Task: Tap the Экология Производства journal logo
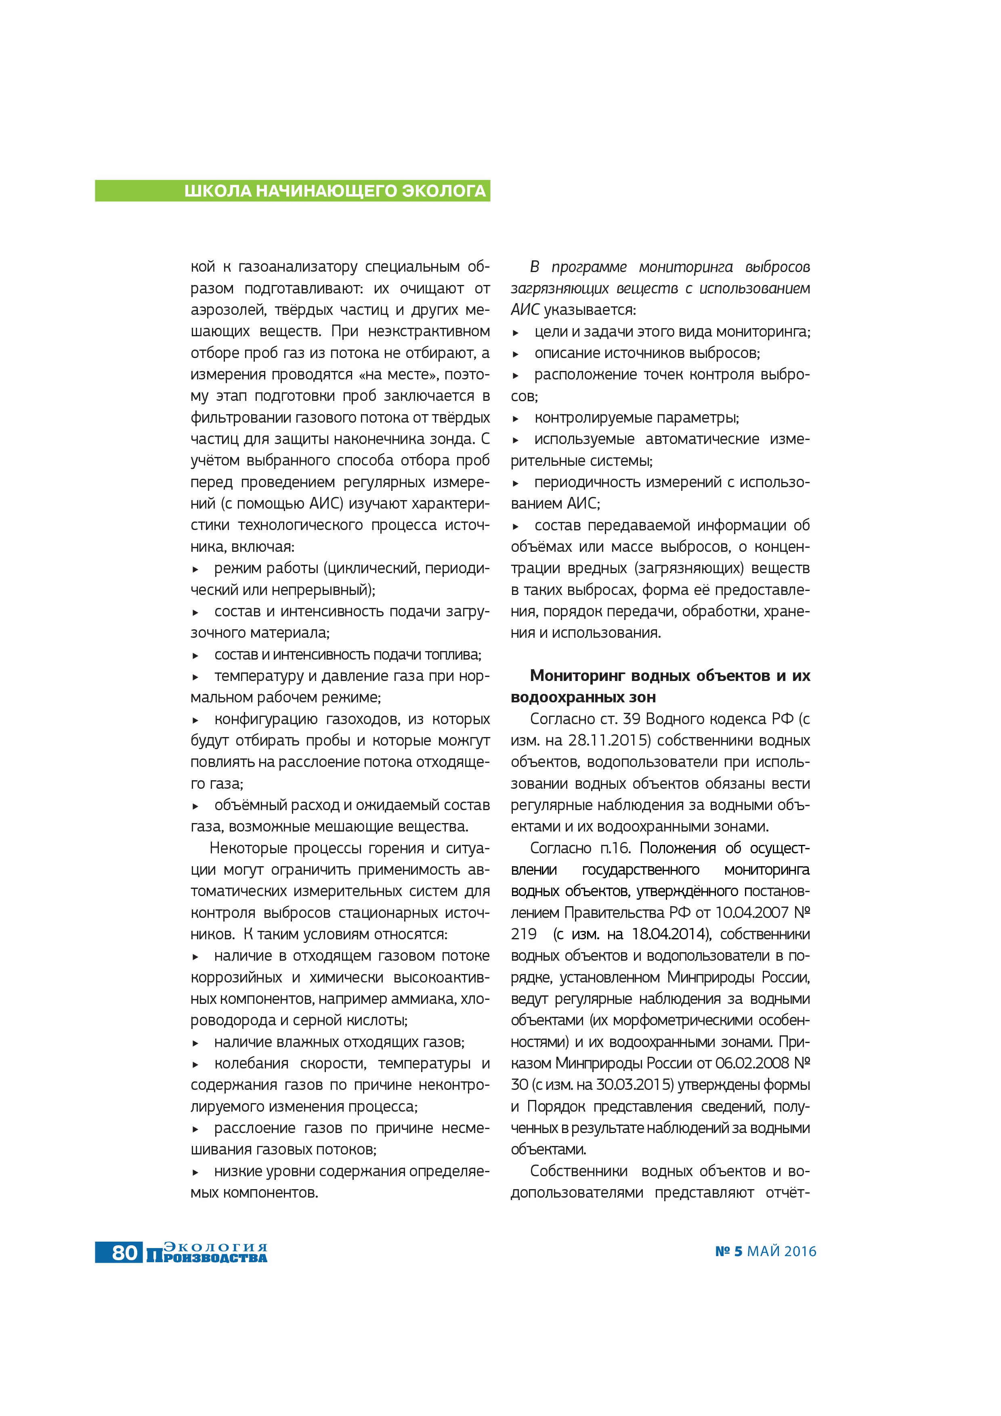click(207, 1253)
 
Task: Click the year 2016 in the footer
click(800, 1251)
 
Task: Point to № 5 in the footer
click(728, 1251)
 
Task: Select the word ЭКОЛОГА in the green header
click(445, 191)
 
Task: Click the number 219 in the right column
click(524, 934)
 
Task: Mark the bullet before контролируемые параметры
click(516, 419)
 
